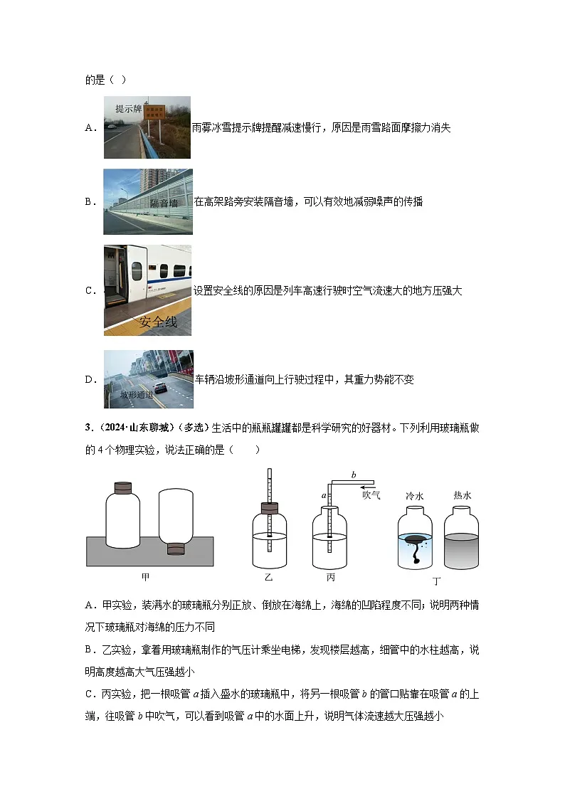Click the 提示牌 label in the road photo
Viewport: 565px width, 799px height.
coord(128,109)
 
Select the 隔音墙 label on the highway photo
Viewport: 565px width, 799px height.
coord(164,203)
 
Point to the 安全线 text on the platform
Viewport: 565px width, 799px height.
coord(158,322)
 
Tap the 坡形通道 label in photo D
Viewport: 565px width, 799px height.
coord(136,395)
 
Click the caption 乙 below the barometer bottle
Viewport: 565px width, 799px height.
coord(269,576)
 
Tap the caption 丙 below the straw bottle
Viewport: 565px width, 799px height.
coord(330,576)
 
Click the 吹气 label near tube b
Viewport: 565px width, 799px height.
coord(371,494)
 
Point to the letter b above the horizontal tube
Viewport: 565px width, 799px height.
coord(354,474)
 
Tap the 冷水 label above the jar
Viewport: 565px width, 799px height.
coord(414,495)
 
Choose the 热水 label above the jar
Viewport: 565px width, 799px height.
coord(462,495)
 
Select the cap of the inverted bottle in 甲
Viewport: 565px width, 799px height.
coord(175,549)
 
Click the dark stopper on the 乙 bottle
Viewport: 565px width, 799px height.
coord(270,508)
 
